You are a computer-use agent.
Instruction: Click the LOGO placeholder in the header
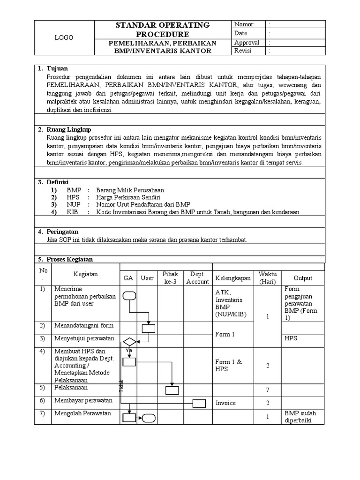click(64, 38)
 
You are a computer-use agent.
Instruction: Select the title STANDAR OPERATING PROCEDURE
click(163, 29)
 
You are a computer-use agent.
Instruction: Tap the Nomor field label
click(244, 24)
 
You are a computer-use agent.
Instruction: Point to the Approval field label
click(247, 42)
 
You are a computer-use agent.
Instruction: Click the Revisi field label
click(243, 51)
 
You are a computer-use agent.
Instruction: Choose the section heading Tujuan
click(57, 69)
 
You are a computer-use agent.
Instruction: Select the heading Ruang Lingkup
click(68, 129)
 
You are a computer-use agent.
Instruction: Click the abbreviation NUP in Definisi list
click(74, 205)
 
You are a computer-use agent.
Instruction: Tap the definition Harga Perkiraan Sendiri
click(121, 198)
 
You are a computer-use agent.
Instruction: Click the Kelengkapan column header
click(233, 278)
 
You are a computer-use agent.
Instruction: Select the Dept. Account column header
click(197, 278)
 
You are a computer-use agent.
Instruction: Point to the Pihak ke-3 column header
click(170, 278)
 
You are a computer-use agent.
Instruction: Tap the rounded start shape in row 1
click(129, 295)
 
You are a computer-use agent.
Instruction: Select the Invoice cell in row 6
click(225, 403)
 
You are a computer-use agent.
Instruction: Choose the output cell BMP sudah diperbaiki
click(300, 417)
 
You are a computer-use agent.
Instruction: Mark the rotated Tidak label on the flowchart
click(121, 385)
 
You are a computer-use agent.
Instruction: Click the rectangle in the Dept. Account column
click(199, 403)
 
